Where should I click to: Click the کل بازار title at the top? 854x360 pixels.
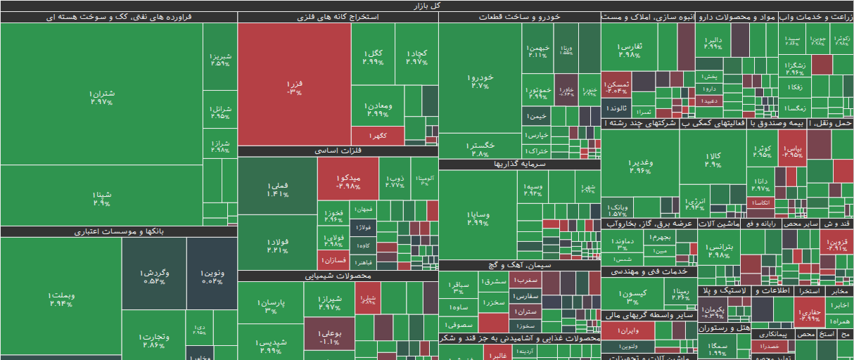point(427,6)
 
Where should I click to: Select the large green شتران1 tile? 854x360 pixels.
point(101,97)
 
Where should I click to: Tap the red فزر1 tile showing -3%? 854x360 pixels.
point(294,86)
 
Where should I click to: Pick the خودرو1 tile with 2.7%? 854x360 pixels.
point(480,81)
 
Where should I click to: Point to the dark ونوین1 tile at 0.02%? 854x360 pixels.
point(212,276)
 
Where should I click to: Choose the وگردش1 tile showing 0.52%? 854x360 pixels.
point(153,276)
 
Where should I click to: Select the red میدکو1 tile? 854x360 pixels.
point(348,181)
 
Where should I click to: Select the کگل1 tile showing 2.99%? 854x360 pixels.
point(373,56)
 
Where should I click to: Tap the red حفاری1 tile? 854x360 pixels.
point(810,314)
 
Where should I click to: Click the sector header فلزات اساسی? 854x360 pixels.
point(338,151)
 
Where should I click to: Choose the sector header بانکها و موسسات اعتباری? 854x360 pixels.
point(118,231)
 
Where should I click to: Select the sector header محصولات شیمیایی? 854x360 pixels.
point(338,276)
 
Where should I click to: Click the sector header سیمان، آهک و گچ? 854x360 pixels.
point(519,266)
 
